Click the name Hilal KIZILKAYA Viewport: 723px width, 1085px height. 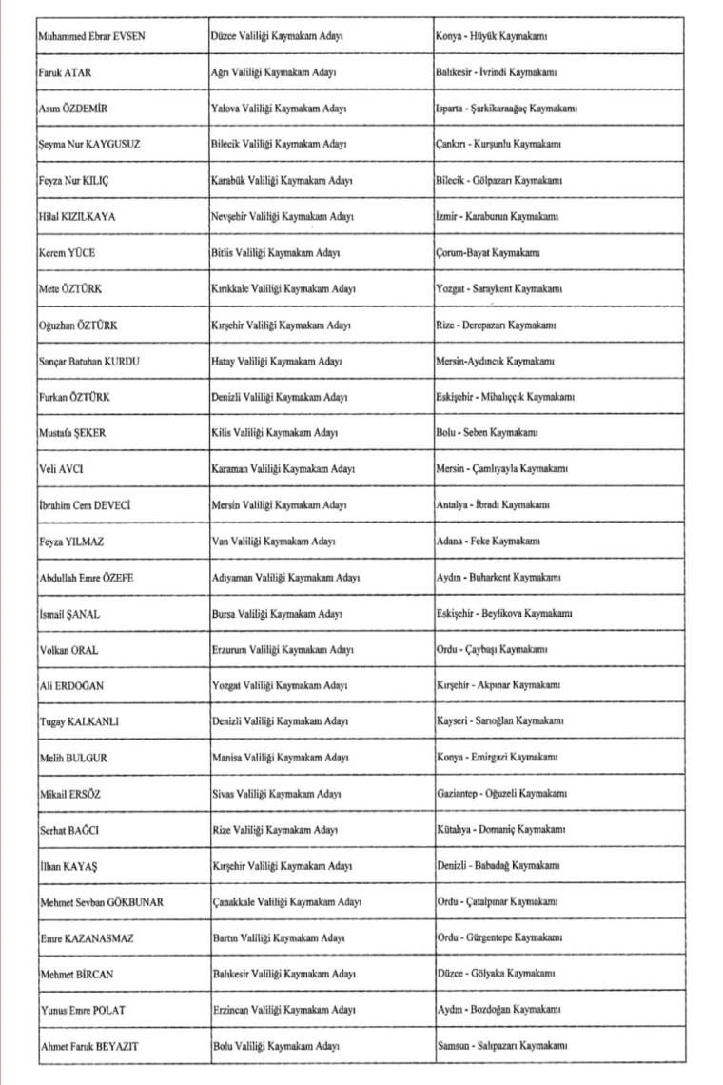(77, 216)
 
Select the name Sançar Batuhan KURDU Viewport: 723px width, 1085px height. (91, 362)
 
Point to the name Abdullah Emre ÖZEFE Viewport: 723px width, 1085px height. (88, 578)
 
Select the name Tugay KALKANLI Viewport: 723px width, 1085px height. (79, 722)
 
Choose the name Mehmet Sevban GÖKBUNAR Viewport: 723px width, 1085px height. (101, 902)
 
